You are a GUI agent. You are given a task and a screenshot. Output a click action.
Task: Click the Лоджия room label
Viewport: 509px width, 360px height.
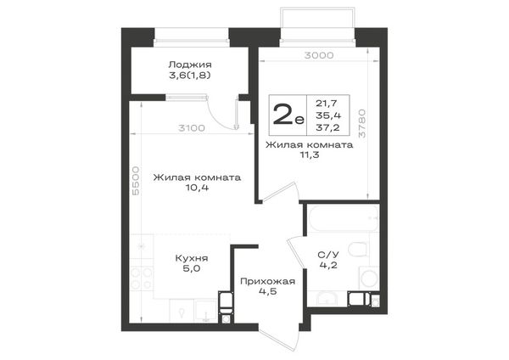click(190, 65)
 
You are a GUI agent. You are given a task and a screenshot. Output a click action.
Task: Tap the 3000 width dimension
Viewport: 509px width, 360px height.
click(319, 55)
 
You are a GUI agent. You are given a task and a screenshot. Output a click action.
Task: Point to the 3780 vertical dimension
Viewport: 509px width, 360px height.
click(362, 123)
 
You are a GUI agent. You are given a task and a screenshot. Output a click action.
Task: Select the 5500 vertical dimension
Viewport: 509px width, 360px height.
click(136, 181)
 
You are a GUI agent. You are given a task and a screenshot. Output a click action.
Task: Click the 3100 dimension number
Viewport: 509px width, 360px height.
click(192, 128)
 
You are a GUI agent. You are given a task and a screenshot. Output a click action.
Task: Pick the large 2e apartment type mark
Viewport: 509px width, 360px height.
click(288, 115)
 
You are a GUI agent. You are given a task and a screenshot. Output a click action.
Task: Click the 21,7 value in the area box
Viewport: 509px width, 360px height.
click(327, 104)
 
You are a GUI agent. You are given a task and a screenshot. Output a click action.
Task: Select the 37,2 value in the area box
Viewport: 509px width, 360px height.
click(327, 127)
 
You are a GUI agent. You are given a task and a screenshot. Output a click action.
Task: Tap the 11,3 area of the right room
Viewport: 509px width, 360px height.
click(310, 155)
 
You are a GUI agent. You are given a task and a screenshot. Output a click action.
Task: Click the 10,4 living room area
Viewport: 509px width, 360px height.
click(197, 188)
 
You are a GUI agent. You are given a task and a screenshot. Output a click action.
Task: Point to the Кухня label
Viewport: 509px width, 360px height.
click(192, 258)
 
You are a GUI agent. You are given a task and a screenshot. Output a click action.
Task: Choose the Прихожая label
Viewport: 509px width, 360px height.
click(267, 281)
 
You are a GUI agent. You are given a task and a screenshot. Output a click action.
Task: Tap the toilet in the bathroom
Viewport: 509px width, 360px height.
click(358, 250)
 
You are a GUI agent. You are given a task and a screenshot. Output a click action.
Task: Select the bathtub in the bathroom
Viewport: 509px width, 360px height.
click(343, 218)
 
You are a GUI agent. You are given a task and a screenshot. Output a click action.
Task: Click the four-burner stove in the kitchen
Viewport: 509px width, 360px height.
click(142, 278)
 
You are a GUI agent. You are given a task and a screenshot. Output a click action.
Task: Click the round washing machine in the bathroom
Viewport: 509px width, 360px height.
click(369, 278)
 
